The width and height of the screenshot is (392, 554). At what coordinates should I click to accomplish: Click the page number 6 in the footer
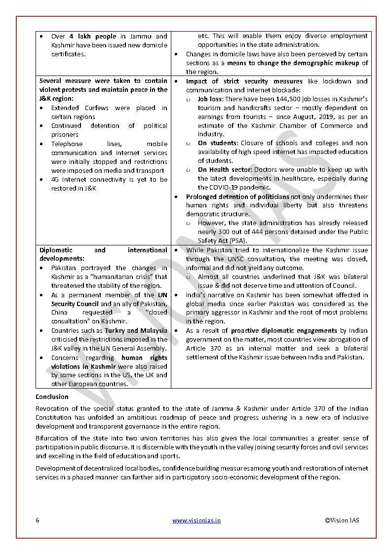(x=38, y=520)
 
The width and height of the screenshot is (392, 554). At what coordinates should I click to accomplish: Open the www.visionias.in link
(x=196, y=520)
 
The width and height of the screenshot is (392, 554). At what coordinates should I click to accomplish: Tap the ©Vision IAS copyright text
(x=342, y=520)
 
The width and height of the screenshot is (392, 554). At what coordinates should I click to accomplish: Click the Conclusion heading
(x=52, y=396)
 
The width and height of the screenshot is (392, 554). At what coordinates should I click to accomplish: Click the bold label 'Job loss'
(x=210, y=99)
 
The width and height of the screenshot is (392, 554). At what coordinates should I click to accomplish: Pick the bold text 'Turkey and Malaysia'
(x=136, y=331)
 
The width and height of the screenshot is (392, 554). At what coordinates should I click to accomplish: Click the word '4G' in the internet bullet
(x=56, y=180)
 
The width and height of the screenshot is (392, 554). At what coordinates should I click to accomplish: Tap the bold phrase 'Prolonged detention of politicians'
(x=237, y=197)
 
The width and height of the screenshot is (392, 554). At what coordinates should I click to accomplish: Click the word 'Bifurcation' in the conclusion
(x=52, y=438)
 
